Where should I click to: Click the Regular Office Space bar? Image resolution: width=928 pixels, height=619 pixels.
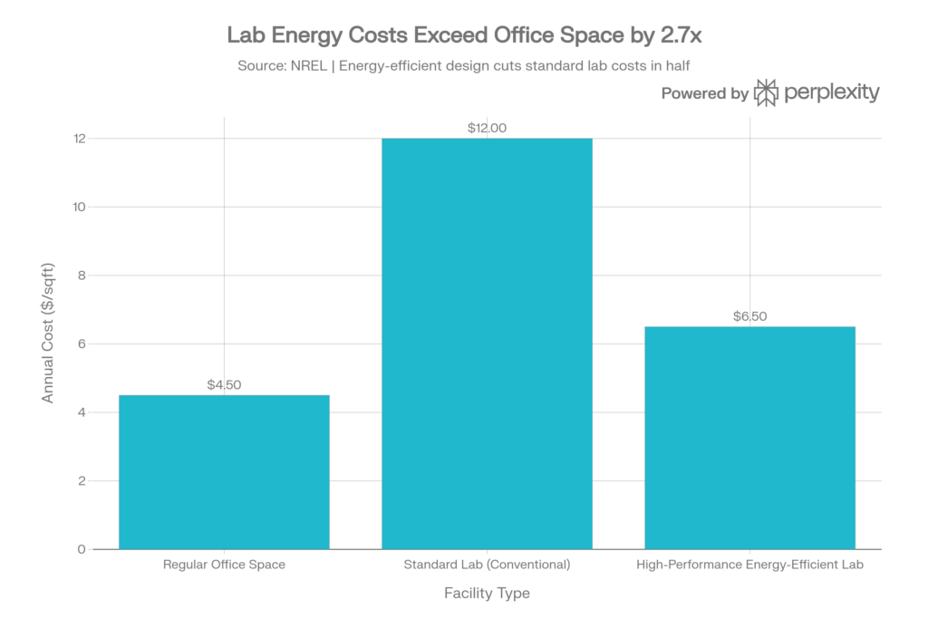point(224,471)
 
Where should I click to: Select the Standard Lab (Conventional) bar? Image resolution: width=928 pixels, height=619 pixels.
point(487,343)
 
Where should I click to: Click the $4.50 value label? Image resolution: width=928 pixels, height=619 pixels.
point(224,385)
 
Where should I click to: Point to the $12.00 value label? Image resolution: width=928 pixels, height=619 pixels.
point(487,129)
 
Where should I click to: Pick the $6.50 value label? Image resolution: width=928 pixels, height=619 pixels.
point(749,316)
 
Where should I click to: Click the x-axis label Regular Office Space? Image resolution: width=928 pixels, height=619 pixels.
point(224,566)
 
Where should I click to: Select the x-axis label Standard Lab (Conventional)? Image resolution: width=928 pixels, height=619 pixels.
point(487,566)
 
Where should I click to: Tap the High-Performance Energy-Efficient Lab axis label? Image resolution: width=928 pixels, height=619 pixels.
point(749,566)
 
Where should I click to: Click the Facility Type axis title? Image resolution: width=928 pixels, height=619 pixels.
point(487,595)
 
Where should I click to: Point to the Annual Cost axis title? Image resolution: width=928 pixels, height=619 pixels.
point(46,343)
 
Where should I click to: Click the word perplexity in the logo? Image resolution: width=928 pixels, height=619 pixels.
point(833,92)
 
